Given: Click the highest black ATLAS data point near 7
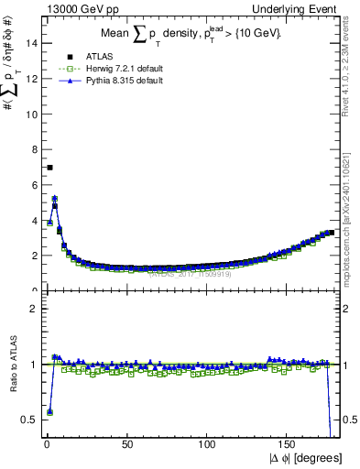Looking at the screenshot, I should click(49, 167).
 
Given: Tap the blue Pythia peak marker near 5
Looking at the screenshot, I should click(54, 198).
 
